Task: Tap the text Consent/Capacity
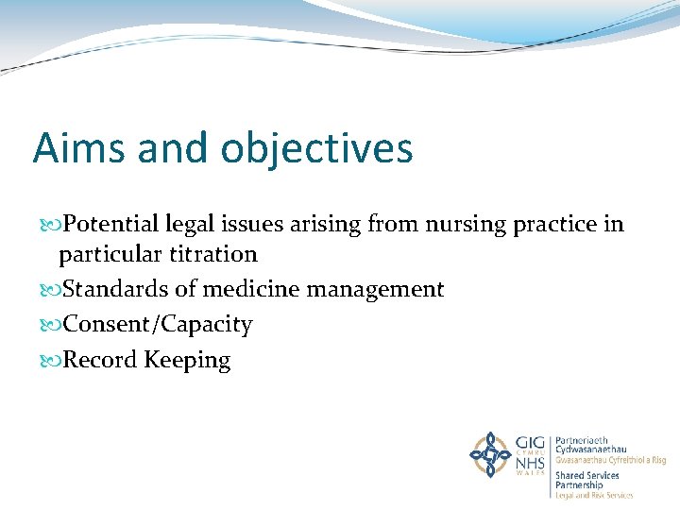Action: point(157,325)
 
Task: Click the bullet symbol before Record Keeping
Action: point(51,360)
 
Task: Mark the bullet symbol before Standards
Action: point(51,289)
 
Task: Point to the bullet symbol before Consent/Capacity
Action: point(51,325)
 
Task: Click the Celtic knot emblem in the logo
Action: point(490,454)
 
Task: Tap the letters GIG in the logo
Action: point(529,442)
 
